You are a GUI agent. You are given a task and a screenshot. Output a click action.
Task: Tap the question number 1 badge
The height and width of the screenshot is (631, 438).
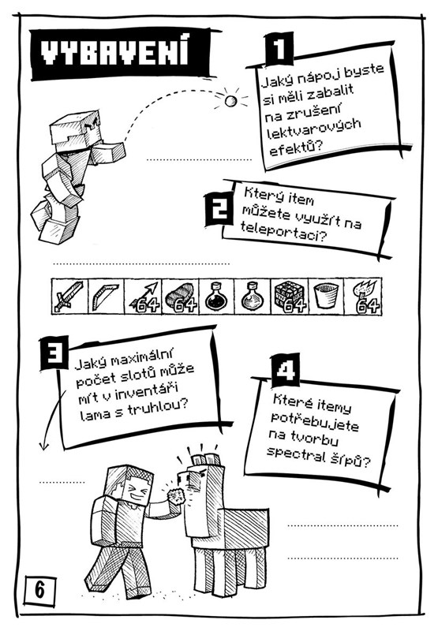point(279,49)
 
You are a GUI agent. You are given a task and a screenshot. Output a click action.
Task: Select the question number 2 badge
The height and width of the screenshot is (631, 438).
point(219,208)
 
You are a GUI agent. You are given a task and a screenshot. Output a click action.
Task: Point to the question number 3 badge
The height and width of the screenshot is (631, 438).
point(54,353)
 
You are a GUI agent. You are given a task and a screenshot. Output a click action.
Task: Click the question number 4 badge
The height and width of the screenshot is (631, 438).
point(286,370)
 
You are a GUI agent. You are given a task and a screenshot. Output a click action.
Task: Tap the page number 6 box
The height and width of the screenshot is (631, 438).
point(40,590)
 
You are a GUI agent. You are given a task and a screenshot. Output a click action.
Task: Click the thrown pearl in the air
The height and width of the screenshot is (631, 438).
point(230,101)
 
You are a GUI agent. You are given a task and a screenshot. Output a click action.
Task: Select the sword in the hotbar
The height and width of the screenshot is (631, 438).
point(69,297)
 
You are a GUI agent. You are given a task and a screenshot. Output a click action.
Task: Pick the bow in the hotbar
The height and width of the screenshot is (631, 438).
point(104,297)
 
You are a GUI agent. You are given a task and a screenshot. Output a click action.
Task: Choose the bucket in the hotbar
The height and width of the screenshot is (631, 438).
point(326,296)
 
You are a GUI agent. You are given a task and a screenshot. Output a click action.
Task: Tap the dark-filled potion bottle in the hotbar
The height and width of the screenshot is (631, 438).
point(215,297)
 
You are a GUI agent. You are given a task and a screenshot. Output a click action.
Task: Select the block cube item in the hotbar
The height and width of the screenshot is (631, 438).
point(288,297)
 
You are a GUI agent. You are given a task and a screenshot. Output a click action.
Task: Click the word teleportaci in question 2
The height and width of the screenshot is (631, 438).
point(282,233)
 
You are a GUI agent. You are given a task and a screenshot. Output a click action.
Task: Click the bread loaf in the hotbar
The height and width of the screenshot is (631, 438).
point(180,297)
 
